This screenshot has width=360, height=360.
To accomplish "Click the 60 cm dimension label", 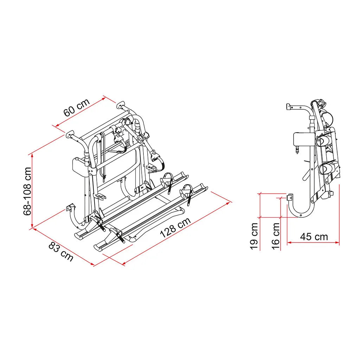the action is tap(77, 108).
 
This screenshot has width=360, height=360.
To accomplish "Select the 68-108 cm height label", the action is tap(27, 191).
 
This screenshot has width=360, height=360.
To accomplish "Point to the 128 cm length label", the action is tap(175, 227).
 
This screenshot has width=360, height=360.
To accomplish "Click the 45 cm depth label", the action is tap(314, 237).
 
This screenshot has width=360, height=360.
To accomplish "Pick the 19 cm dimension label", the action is tap(254, 236).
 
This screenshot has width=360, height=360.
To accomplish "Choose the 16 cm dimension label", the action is tap(276, 236).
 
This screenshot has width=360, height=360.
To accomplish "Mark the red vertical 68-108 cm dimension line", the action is tap(32, 191).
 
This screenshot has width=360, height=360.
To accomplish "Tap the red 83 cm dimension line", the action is tap(63, 246).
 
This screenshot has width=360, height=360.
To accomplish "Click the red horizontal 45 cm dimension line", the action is tap(313, 242).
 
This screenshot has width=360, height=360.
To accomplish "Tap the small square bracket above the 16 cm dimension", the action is tap(290, 197).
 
